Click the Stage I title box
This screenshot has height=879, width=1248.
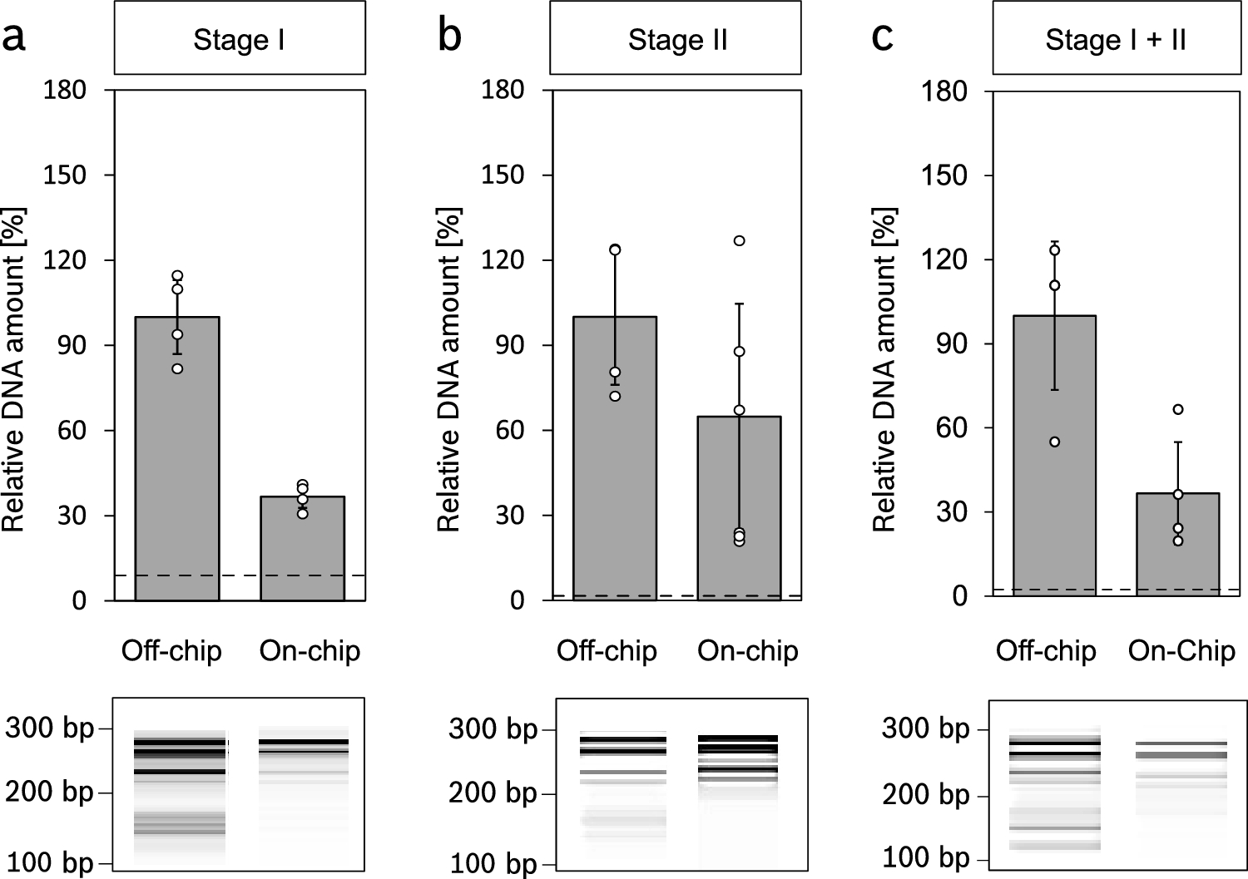(x=239, y=39)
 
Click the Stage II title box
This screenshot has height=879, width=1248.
(x=675, y=39)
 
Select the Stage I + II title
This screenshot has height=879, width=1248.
(x=1115, y=39)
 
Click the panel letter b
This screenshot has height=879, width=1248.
(x=449, y=37)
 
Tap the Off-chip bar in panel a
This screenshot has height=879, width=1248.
(x=177, y=466)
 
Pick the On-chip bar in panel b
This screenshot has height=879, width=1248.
(x=739, y=511)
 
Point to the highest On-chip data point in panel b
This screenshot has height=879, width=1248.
(x=739, y=241)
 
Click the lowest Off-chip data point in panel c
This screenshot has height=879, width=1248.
(x=1054, y=442)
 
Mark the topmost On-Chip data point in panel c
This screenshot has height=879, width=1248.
(x=1177, y=409)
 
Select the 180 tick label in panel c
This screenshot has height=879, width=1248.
(x=946, y=90)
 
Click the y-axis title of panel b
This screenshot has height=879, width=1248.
(x=449, y=370)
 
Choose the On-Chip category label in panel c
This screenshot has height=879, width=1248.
(x=1181, y=650)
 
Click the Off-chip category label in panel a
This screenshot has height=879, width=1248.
(x=171, y=650)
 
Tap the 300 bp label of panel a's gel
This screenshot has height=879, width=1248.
(x=49, y=728)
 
